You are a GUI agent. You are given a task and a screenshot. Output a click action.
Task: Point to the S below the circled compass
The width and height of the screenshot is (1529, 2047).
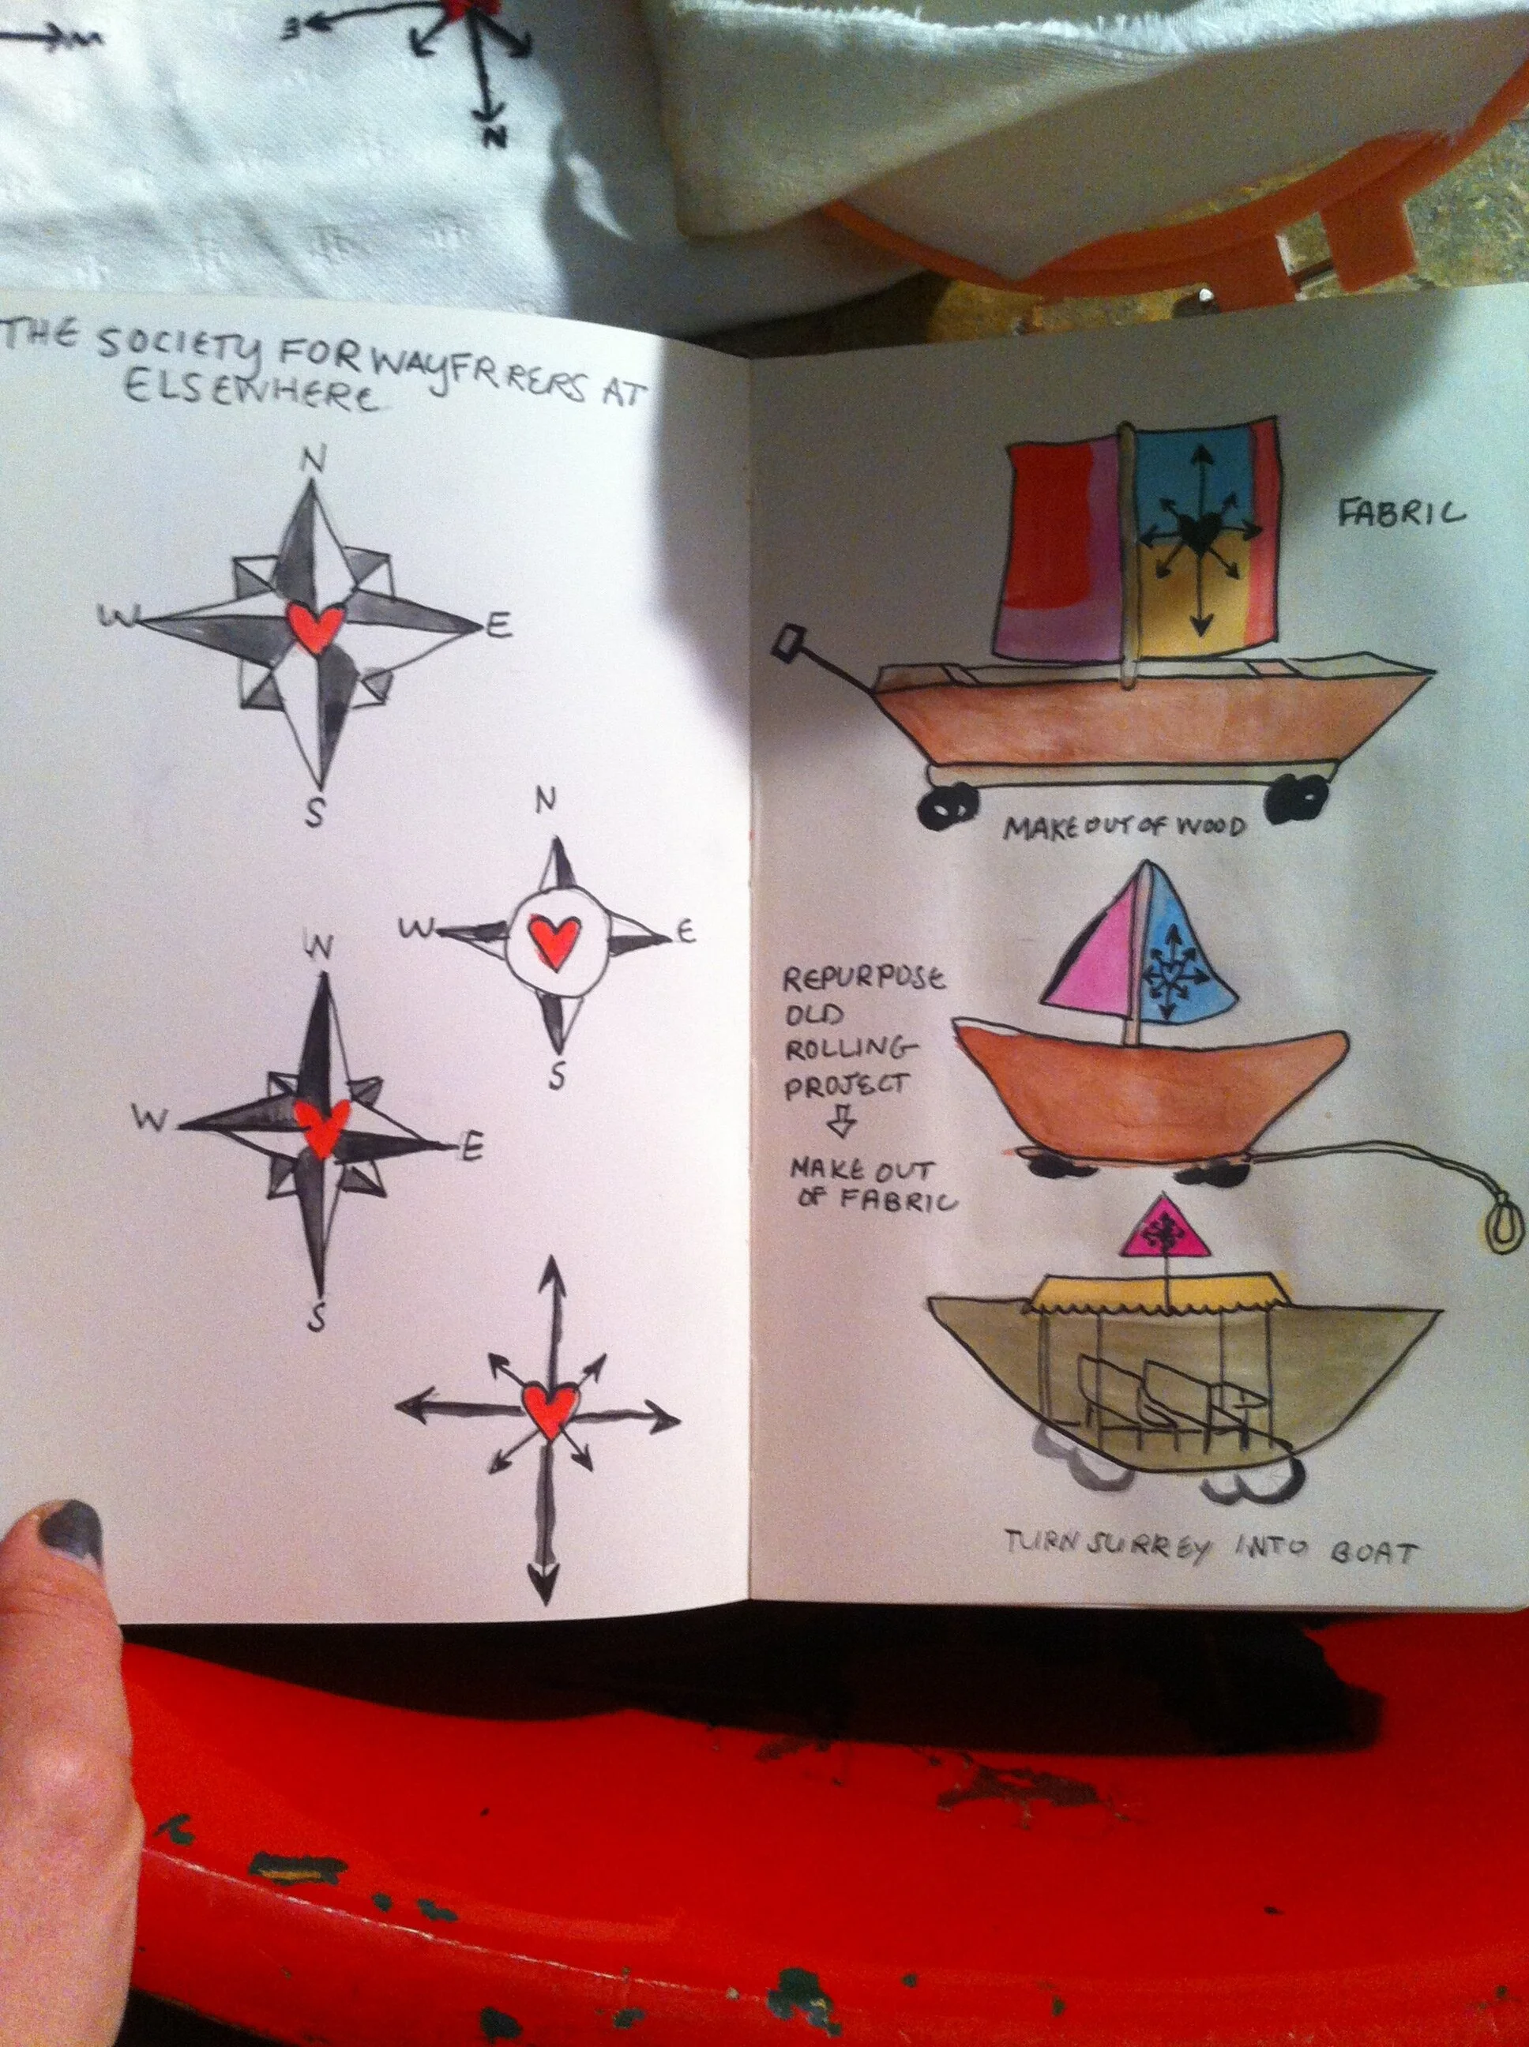coord(556,1076)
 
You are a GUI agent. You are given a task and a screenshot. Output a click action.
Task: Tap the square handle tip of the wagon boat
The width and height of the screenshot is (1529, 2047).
coord(792,640)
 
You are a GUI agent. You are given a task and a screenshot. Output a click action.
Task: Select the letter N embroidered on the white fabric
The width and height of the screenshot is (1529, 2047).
coord(496,137)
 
